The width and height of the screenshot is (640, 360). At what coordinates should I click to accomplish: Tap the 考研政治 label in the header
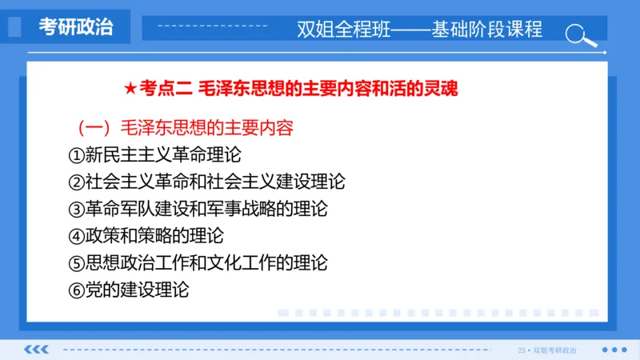coord(76,26)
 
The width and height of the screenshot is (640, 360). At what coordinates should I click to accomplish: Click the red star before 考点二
coord(131,88)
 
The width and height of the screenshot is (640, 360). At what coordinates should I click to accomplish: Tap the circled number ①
coord(76,154)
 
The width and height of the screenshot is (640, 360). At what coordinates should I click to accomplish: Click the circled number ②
coord(76,182)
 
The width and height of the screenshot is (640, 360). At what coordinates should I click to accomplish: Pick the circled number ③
coord(76,209)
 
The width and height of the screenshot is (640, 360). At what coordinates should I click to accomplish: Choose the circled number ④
coord(76,236)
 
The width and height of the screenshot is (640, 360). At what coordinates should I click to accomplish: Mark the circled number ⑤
coord(76,262)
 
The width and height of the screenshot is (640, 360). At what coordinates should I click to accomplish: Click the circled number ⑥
coord(76,290)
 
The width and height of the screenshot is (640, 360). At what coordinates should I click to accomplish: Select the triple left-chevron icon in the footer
coord(37,350)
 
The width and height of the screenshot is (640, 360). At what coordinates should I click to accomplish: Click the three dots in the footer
coord(614,350)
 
